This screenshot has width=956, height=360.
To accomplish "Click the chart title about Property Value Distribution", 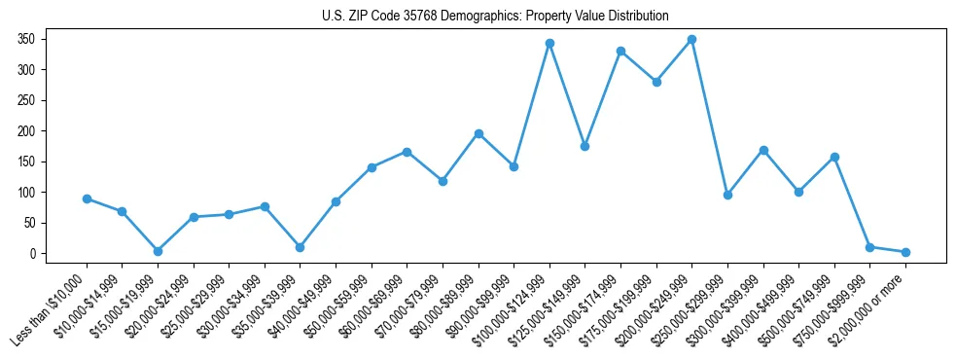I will pos(495,17).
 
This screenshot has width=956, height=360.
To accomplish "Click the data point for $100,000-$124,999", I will pos(549,43).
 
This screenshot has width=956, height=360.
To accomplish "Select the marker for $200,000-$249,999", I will pos(691,39).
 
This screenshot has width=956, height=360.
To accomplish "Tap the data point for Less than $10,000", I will pos(87,198).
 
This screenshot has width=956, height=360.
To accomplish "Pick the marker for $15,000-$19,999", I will pos(158,251).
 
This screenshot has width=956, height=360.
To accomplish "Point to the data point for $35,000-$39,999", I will pos(300,247).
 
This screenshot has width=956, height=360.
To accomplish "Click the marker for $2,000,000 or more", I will pos(905,252).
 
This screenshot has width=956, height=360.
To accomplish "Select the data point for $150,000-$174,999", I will pos(620,51).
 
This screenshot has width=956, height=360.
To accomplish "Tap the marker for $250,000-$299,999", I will pos(727,195).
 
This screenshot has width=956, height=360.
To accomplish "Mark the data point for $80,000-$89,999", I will pos(478,133).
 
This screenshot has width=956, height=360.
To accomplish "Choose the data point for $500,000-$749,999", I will pos(834,157).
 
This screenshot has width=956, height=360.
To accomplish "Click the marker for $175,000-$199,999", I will pos(656,82).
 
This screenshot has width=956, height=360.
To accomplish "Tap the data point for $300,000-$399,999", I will pos(763,150).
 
